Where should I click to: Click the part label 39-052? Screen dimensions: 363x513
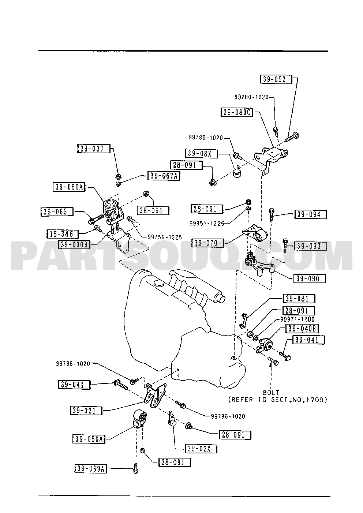[276, 79]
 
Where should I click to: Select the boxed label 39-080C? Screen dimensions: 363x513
[237, 112]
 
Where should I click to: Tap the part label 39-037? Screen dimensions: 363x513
[94, 149]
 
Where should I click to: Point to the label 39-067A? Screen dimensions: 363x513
[164, 176]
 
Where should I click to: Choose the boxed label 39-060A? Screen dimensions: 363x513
[69, 187]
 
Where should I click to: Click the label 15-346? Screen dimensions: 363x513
[63, 234]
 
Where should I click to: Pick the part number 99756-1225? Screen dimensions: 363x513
[165, 237]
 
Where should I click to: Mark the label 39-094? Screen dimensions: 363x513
[311, 214]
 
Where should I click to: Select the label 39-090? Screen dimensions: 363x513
[310, 279]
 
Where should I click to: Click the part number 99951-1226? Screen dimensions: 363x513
[207, 223]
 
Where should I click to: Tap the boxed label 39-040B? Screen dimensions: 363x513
[302, 329]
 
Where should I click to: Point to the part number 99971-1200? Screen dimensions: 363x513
[297, 319]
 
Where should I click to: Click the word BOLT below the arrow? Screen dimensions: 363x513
[271, 393]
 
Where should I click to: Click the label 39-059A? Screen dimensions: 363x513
[91, 469]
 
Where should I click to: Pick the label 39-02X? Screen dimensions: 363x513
[201, 449]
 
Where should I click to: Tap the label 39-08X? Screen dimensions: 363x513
[201, 153]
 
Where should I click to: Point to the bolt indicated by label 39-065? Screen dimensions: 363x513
[96, 219]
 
